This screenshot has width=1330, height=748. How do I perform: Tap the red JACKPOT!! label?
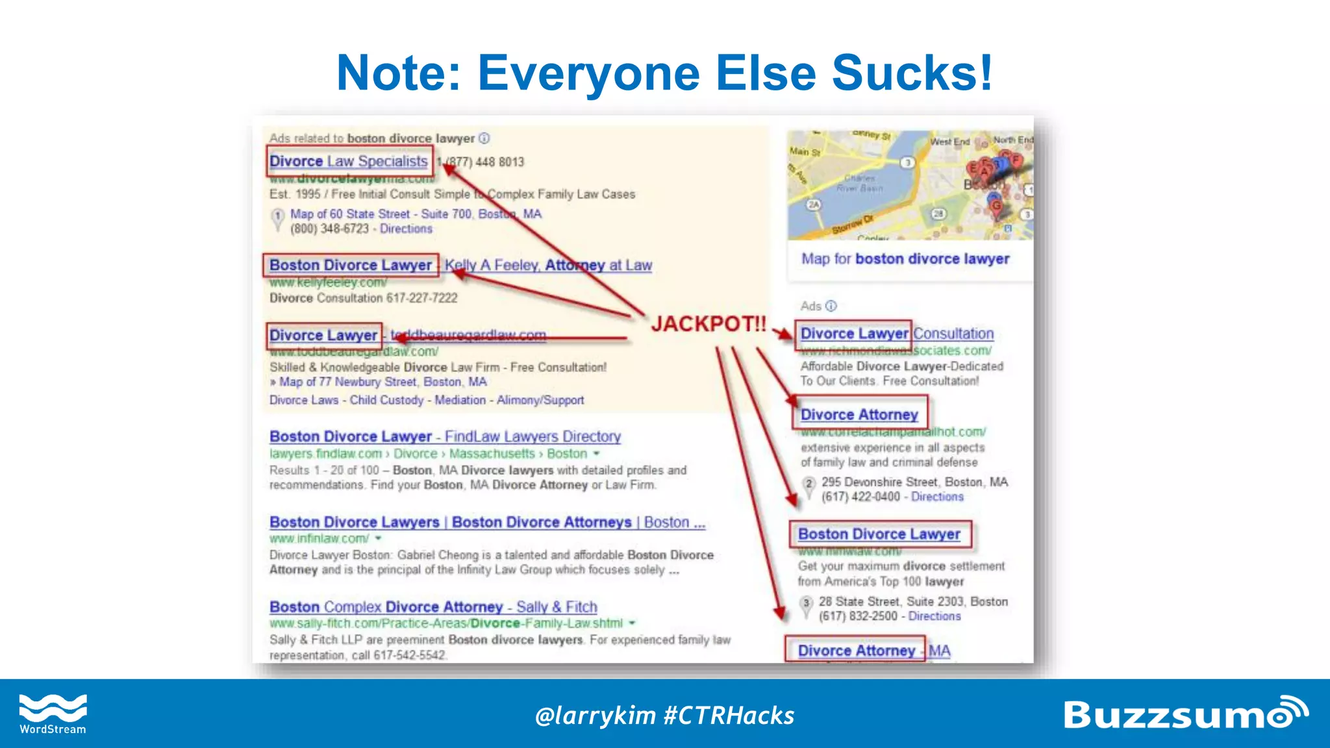709,323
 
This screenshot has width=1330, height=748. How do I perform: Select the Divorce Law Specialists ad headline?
349,161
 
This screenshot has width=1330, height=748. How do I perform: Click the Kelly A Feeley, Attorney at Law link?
548,265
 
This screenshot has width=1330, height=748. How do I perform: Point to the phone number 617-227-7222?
421,298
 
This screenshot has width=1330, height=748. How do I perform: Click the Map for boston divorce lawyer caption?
905,259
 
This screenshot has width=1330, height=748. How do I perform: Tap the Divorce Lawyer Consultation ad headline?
897,334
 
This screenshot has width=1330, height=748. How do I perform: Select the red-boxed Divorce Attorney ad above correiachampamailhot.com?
859,414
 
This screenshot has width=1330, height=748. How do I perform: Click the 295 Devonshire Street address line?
914,482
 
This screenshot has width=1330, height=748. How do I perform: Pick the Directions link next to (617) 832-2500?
934,616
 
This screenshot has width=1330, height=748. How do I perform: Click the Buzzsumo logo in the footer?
1185,714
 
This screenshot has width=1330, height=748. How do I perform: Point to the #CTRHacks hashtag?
729,716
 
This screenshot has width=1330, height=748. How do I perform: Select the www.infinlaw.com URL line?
320,538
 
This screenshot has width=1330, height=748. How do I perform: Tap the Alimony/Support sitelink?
540,400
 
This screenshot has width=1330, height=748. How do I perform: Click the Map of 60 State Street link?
350,214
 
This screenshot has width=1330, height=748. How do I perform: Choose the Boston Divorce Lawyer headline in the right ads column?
879,534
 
